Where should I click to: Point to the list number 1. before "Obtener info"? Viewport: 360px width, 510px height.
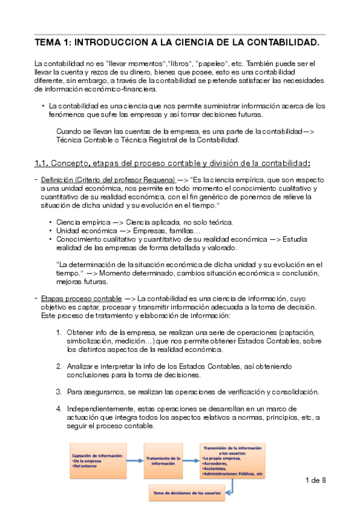coord(59,332)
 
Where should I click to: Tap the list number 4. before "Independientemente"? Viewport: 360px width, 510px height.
coord(59,409)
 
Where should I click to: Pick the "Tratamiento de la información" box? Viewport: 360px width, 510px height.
coord(162,461)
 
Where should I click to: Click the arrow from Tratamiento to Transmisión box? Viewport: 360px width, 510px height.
coord(191,461)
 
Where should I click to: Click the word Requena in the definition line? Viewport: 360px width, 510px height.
coord(157,180)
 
